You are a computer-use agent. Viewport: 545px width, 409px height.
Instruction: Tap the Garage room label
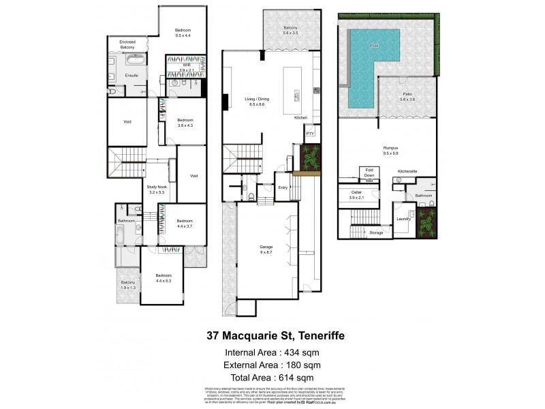pyautogui.click(x=266, y=247)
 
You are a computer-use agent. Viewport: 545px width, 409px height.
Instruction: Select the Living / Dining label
pyautogui.click(x=257, y=100)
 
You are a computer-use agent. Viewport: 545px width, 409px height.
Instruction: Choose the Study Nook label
pyautogui.click(x=156, y=188)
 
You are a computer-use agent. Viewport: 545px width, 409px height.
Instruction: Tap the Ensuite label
pyautogui.click(x=131, y=75)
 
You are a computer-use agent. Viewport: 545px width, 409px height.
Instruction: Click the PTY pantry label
pyautogui.click(x=309, y=134)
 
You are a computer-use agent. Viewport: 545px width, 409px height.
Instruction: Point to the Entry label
pyautogui.click(x=283, y=187)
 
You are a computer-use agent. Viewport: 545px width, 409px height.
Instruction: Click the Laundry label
pyautogui.click(x=403, y=219)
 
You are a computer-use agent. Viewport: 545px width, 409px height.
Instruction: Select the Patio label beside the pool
pyautogui.click(x=407, y=94)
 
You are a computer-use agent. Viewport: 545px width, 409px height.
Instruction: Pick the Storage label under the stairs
pyautogui.click(x=377, y=232)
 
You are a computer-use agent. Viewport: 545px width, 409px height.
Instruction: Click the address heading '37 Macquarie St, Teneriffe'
pyautogui.click(x=272, y=335)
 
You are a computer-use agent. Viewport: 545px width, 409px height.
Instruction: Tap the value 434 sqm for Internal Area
pyautogui.click(x=301, y=352)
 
